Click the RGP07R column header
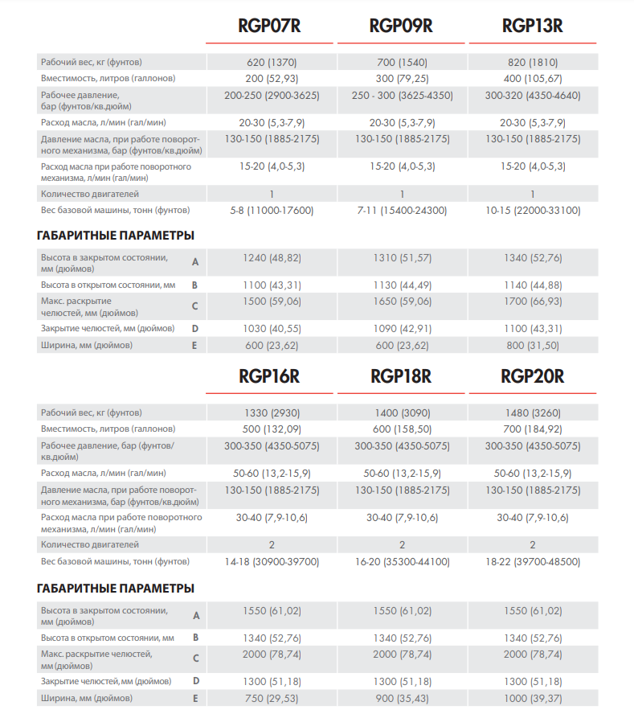(269, 26)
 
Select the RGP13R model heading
(532, 26)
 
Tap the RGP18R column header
(401, 375)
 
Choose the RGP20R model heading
(532, 375)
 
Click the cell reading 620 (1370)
(272, 63)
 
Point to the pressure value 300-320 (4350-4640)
(533, 95)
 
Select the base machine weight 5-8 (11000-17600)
(272, 211)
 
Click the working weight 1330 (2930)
(272, 412)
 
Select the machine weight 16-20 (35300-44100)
(403, 560)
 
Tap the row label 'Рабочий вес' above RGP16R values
(91, 412)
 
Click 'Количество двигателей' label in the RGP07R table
(89, 194)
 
